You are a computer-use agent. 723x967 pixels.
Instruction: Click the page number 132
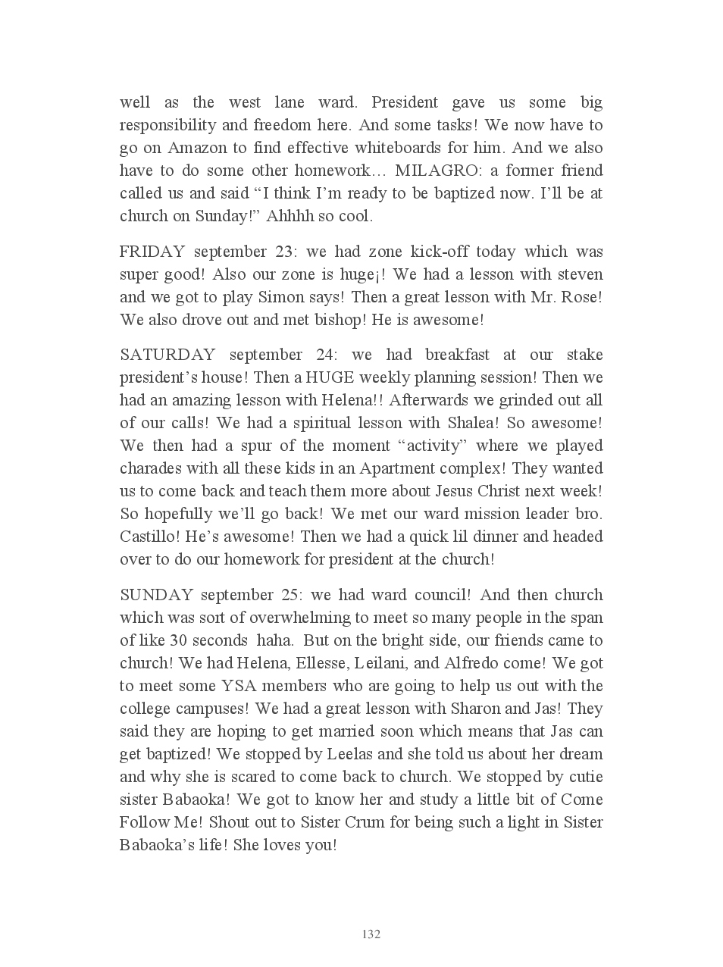[371, 934]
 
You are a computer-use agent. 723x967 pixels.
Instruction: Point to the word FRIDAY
[152, 252]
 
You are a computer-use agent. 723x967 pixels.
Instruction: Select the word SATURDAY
[167, 355]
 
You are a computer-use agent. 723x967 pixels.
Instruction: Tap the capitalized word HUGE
[330, 377]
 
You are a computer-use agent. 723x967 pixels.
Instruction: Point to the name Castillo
[147, 537]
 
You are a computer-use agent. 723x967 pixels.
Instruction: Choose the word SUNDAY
[156, 595]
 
